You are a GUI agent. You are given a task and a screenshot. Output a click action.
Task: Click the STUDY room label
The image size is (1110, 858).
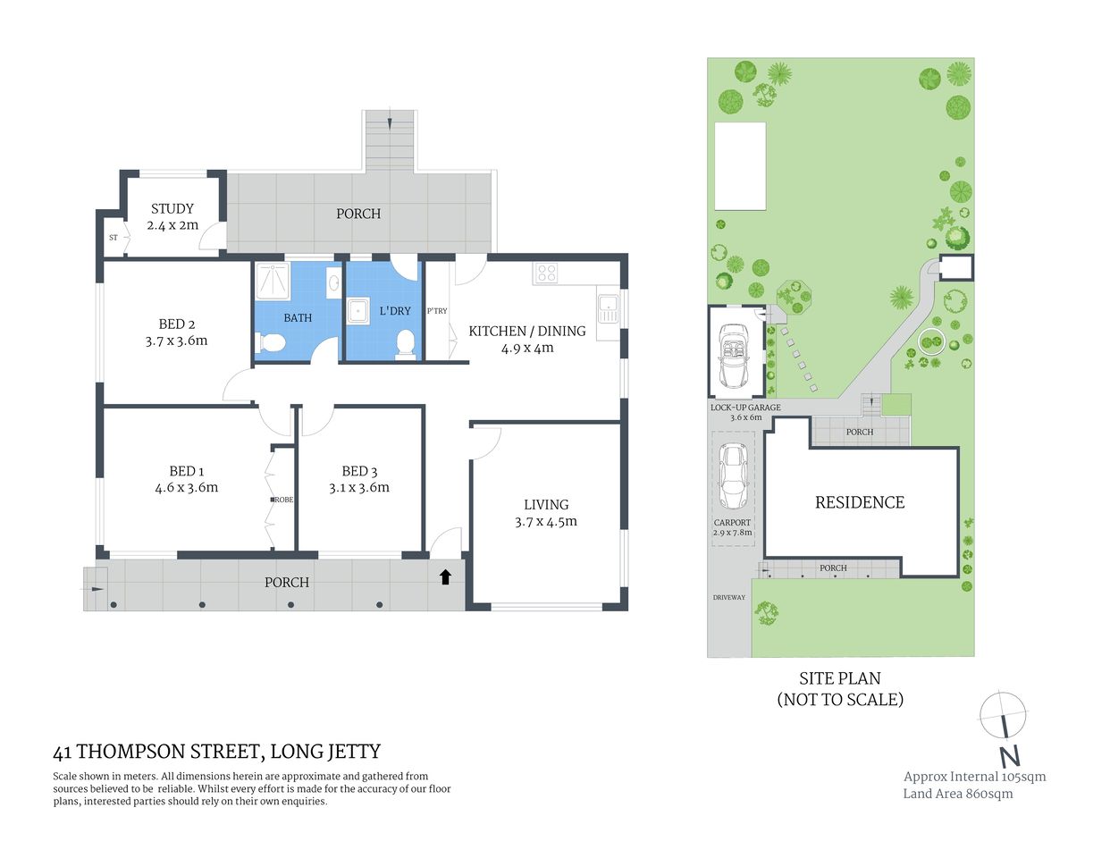pos(172,208)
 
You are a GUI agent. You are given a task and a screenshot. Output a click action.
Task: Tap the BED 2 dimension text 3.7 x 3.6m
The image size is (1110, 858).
pos(176,341)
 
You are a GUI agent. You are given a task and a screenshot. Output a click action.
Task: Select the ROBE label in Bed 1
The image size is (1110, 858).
pos(283,500)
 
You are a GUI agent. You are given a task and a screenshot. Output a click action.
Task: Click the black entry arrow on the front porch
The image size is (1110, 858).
pos(445,577)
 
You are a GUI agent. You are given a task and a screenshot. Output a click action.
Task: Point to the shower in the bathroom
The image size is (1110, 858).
pos(271,283)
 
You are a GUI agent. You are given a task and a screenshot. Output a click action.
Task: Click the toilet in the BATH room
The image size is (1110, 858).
pos(271,343)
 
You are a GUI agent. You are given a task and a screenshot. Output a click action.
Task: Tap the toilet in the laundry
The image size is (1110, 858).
pos(405,343)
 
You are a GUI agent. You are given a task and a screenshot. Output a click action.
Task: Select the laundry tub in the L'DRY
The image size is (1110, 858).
pos(360,312)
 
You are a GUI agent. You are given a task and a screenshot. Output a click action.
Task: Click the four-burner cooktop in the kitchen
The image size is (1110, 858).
pos(547,273)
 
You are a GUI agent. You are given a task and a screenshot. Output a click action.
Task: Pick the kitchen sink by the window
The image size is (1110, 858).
pos(609,309)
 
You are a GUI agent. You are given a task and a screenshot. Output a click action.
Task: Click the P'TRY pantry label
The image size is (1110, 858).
pos(437,311)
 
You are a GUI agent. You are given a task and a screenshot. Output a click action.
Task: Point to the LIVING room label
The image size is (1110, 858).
pos(546,504)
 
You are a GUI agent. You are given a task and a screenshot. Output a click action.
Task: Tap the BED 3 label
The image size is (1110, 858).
pos(359,471)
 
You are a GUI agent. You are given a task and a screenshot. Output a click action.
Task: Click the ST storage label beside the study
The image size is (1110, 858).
pos(114,238)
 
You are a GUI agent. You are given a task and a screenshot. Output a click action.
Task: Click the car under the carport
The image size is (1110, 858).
pos(733,475)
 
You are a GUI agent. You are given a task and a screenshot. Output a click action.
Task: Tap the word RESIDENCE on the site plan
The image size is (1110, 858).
pos(860,502)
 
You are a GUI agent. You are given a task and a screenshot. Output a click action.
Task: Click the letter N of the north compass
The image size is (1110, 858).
pos(1009,756)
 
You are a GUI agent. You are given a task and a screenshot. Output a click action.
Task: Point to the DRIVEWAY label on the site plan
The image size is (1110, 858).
pos(728,597)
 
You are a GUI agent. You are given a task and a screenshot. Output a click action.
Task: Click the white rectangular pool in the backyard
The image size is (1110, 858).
pos(740,165)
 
